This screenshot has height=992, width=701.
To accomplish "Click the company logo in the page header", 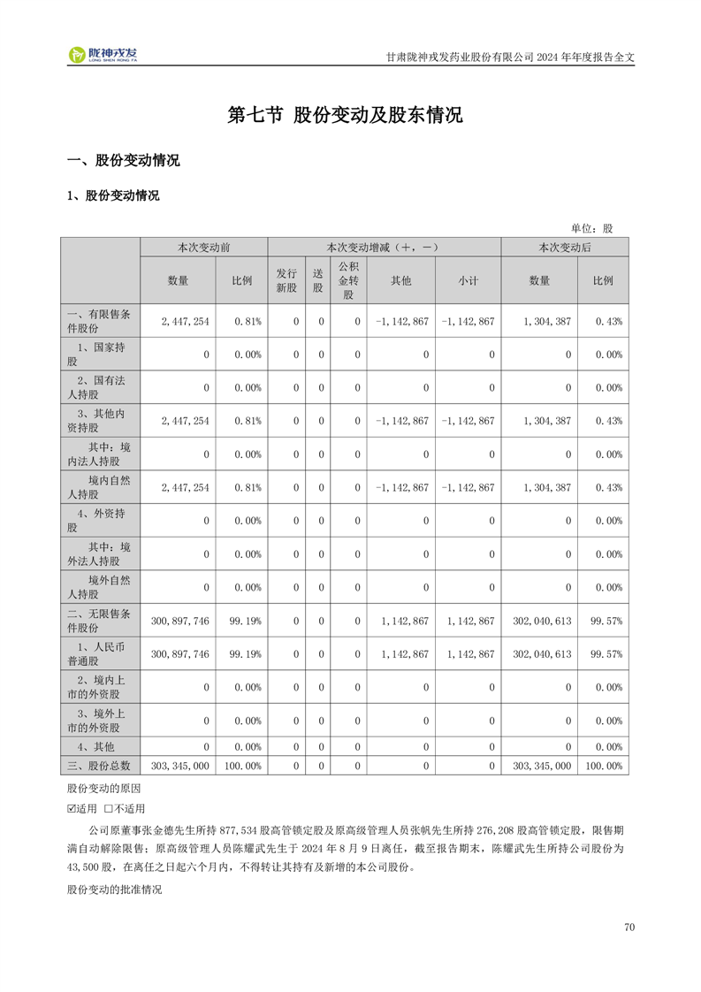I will [103, 55].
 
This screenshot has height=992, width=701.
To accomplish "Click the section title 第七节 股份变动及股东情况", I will [345, 116].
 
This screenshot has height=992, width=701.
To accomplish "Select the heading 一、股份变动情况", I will [124, 161].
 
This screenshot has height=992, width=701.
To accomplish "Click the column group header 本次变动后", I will [564, 248].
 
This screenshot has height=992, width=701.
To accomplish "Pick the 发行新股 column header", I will [286, 280].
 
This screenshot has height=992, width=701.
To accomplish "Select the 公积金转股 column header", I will [348, 280].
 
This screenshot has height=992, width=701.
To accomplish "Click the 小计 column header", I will [468, 280].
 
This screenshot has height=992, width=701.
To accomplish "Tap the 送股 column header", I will [317, 280].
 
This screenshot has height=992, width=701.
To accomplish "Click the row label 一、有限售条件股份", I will [99, 321].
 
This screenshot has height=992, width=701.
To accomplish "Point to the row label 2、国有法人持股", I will [99, 387].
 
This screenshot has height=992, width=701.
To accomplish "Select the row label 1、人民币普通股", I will [99, 654].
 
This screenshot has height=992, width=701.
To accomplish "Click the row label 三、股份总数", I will [99, 766].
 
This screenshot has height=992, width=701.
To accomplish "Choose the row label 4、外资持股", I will [99, 520].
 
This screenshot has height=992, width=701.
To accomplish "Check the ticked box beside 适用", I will [72, 808].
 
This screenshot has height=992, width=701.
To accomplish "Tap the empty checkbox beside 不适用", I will [109, 808].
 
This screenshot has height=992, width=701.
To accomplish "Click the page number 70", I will [629, 927].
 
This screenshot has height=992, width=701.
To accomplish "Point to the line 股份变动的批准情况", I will [115, 889].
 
